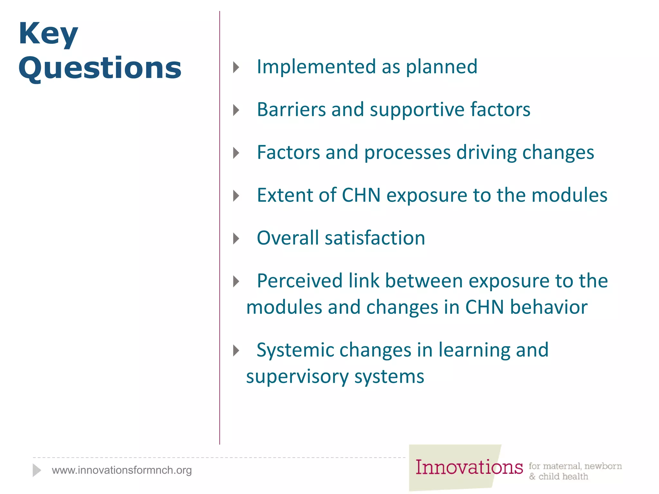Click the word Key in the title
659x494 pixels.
coord(48,34)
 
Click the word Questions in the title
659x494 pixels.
coord(100,68)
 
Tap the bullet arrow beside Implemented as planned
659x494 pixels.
coord(236,67)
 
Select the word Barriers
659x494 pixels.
coord(291,109)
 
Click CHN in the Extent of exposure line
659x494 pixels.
coord(361,195)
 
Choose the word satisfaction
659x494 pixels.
coord(375,238)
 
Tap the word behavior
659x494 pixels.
coord(549,307)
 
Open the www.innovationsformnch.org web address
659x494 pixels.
coord(122,470)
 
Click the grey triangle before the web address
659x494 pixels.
coord(36,470)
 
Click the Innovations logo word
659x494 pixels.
coord(469,467)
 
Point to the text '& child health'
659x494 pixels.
coord(558,477)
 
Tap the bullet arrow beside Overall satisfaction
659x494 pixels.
coord(236,239)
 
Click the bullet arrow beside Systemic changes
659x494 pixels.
coord(236,351)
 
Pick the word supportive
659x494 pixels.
coord(417,110)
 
